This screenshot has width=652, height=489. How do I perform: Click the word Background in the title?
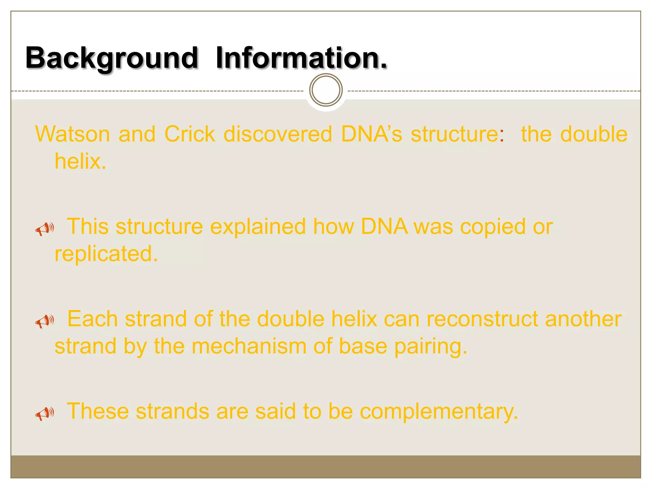112,58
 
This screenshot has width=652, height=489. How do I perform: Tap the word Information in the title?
301,58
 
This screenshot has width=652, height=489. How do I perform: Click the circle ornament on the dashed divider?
326,90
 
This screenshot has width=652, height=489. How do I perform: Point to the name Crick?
190,134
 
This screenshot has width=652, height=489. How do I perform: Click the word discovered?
278,134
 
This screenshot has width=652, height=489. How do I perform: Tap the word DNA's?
372,134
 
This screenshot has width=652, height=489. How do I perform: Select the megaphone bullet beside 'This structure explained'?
44,229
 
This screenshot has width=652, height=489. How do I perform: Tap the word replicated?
106,254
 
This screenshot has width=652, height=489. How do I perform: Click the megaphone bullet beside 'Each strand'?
44,321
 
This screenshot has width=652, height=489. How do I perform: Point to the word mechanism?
249,346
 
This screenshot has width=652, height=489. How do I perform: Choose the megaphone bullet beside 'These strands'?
44,413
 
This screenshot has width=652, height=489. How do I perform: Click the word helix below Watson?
80,161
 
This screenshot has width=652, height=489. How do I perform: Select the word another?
583,319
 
